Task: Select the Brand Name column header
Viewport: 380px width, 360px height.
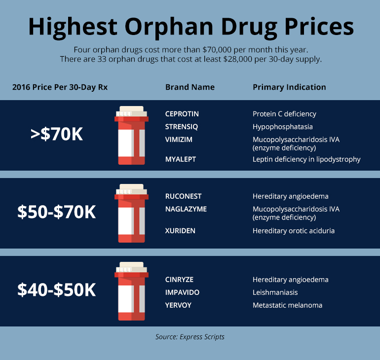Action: pyautogui.click(x=190, y=87)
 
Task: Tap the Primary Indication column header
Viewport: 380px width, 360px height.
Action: pyautogui.click(x=289, y=87)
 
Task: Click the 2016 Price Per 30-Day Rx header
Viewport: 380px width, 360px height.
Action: pyautogui.click(x=60, y=87)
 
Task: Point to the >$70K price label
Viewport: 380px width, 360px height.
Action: pyautogui.click(x=56, y=134)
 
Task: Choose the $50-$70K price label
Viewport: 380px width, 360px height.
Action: pyautogui.click(x=56, y=212)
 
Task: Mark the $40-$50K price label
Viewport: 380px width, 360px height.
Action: pyautogui.click(x=56, y=290)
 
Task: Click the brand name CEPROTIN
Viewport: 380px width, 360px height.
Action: pyautogui.click(x=182, y=114)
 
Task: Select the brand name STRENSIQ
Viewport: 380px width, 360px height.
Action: pyautogui.click(x=181, y=127)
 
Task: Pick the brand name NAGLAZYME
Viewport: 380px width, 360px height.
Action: pyautogui.click(x=186, y=209)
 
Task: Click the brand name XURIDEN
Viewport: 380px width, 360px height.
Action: pyautogui.click(x=180, y=231)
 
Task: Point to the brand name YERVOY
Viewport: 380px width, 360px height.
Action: pyautogui.click(x=178, y=305)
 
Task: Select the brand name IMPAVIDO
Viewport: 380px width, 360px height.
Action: pyautogui.click(x=182, y=292)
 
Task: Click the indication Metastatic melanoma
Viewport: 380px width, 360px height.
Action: pyautogui.click(x=287, y=305)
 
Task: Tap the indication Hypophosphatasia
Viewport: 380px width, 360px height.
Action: pyautogui.click(x=282, y=127)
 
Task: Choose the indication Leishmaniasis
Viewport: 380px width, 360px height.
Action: pyautogui.click(x=275, y=292)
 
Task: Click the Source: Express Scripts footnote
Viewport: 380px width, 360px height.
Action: pyautogui.click(x=190, y=337)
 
